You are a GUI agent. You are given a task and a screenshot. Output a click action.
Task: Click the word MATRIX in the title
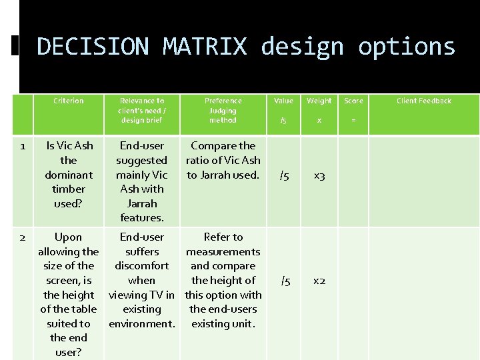[205, 47]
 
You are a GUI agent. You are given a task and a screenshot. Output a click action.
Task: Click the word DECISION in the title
[93, 47]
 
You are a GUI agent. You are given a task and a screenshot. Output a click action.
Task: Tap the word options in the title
[406, 47]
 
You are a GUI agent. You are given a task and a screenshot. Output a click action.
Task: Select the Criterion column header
[69, 101]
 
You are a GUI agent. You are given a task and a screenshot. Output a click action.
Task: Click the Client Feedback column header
[424, 101]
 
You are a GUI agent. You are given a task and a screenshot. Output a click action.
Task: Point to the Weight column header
[319, 101]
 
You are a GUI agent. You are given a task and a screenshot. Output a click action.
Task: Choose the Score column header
[353, 101]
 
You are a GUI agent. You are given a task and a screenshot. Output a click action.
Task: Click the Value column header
[283, 101]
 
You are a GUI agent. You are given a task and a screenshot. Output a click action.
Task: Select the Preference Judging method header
[223, 110]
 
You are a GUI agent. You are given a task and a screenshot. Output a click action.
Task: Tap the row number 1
[22, 146]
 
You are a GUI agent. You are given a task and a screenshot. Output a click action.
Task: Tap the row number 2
[22, 237]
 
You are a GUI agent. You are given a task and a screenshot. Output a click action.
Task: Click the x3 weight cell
[319, 176]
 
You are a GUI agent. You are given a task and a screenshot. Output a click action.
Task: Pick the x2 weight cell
[319, 281]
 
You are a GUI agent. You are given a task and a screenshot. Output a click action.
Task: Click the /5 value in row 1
[284, 176]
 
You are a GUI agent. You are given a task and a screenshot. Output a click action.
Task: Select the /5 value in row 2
[285, 281]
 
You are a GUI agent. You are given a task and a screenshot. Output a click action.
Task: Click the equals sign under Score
[353, 121]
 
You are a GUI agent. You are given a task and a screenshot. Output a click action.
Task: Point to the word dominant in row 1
[69, 175]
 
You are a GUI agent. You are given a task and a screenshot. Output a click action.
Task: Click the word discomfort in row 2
[141, 266]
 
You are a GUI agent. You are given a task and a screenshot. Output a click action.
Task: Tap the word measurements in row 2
[223, 252]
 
